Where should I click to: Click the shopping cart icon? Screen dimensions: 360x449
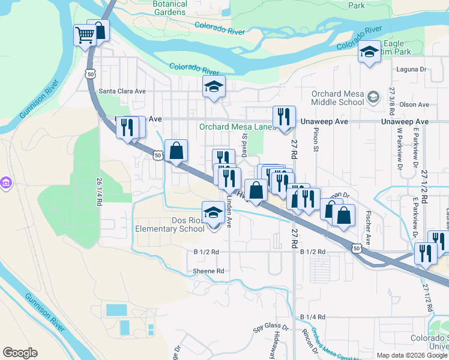coord(85,35)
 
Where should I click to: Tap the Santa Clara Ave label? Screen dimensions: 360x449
coord(122,91)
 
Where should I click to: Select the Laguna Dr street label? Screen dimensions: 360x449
coord(411,70)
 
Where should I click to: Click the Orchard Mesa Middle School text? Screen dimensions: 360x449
coord(338,98)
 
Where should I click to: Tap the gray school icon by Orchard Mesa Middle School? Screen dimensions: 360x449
coord(373,97)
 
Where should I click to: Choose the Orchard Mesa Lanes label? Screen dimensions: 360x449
coord(237,127)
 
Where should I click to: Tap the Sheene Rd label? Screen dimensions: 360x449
coord(208,271)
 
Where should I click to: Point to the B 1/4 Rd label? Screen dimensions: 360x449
coord(312,316)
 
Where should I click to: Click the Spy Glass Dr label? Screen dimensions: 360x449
coord(267,327)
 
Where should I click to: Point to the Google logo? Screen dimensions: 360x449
coord(20,353)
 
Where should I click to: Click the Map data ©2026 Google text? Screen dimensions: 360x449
coord(411,355)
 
